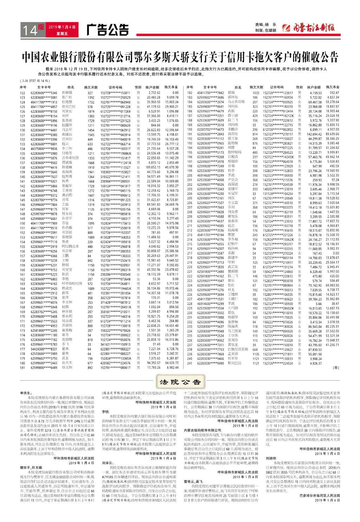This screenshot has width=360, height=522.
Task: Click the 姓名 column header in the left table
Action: click(x=71, y=87)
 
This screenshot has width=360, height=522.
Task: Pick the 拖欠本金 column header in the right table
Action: click(x=332, y=87)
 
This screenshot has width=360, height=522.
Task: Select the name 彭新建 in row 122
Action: click(x=67, y=93)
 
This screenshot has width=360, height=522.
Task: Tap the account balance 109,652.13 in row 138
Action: click(x=153, y=168)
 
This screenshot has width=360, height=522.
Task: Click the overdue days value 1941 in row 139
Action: click(x=91, y=172)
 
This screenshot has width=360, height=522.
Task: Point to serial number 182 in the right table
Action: click(x=189, y=93)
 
